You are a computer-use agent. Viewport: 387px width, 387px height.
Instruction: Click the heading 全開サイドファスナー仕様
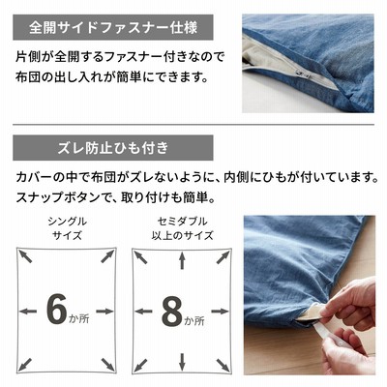tap(113, 28)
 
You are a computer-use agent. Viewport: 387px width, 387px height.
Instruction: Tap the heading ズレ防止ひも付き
tap(113, 148)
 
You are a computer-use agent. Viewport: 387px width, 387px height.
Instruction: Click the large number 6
tap(57, 310)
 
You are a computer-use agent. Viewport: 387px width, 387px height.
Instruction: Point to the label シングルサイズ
tap(68, 228)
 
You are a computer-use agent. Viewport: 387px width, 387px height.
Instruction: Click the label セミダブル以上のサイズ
tap(182, 228)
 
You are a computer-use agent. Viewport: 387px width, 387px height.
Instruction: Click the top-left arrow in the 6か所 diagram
tap(25, 256)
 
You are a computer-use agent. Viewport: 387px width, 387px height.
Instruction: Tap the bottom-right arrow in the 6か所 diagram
tap(107, 364)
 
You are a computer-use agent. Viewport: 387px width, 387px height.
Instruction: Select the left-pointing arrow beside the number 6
tap(28, 312)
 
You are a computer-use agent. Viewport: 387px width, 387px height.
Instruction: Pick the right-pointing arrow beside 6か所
tap(104, 312)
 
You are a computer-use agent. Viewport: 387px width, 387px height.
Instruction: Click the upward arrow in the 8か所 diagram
tap(182, 261)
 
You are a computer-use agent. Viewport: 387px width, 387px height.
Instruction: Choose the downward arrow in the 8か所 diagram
tap(182, 362)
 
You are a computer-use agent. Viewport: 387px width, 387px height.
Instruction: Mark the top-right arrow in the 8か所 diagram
tap(223, 257)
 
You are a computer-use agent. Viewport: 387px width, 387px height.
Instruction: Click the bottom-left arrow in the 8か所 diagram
tap(140, 364)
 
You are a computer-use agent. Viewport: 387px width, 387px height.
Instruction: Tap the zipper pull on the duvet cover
tap(304, 74)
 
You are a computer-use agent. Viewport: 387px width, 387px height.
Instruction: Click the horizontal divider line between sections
tap(193, 125)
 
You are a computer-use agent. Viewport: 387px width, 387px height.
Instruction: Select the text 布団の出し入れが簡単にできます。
tap(111, 77)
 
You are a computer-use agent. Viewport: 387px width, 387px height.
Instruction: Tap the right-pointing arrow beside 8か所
tap(221, 312)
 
